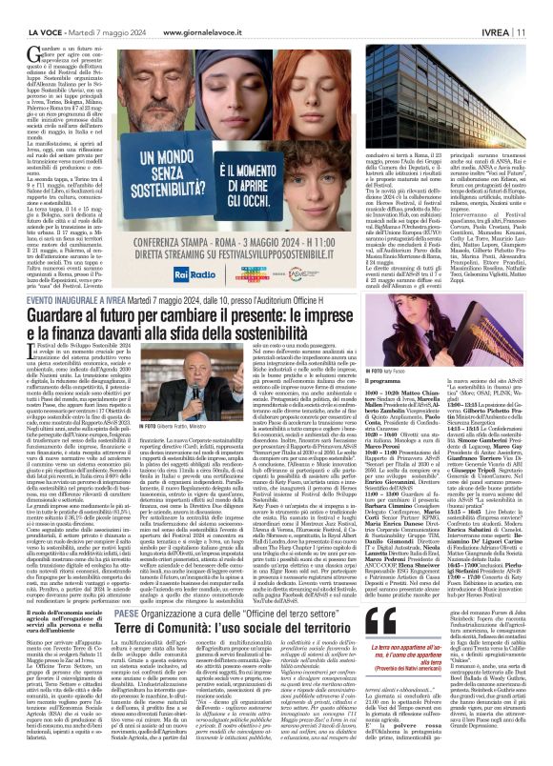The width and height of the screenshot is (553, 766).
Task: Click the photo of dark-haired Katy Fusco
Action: pyautogui.click(x=439, y=343)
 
